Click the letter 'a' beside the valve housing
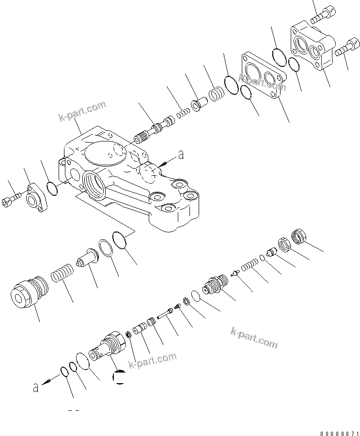[x=181, y=155]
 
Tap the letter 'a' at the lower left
[x=35, y=387]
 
